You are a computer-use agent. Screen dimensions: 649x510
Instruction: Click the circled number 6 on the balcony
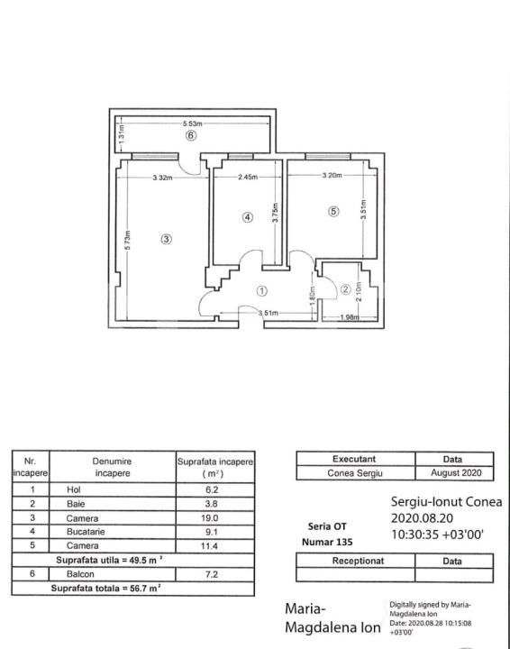[x=190, y=136]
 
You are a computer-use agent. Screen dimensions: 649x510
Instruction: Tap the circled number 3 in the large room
[x=166, y=239]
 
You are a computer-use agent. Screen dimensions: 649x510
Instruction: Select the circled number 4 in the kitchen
[x=248, y=216]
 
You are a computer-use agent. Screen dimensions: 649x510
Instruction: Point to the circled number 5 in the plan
[x=333, y=212]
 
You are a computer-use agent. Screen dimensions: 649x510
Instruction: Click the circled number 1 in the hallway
[x=261, y=291]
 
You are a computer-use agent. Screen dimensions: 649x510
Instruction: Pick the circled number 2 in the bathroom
[x=345, y=289]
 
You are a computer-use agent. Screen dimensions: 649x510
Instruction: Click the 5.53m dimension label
[x=192, y=123]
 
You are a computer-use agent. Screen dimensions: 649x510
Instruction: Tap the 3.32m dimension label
[x=163, y=177]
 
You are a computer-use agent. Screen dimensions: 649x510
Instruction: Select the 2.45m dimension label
[x=249, y=177]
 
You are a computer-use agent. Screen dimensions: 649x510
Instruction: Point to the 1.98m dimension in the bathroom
[x=351, y=317]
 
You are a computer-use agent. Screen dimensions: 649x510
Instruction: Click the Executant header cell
[x=354, y=459]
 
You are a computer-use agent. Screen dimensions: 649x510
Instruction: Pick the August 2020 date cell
[x=453, y=472]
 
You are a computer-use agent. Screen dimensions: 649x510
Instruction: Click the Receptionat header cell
[x=354, y=560]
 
